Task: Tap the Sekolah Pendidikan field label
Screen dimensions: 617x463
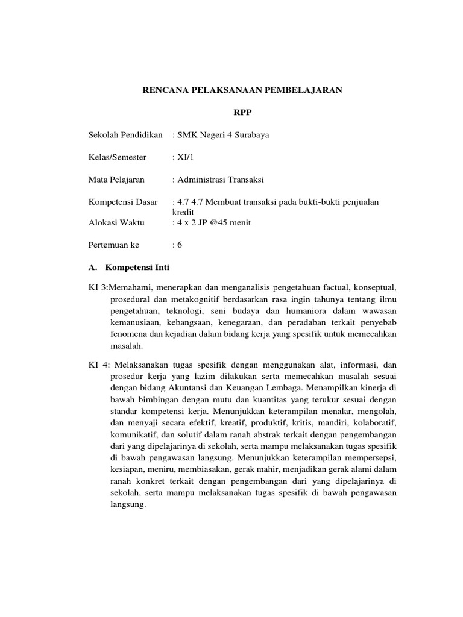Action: click(125, 135)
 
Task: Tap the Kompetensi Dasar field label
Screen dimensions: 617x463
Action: click(122, 202)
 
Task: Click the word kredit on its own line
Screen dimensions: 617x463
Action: click(183, 212)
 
